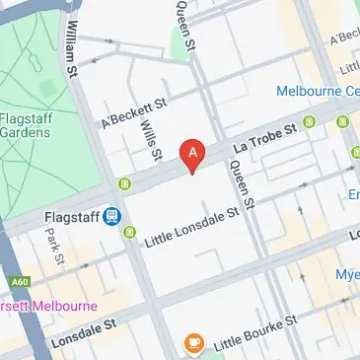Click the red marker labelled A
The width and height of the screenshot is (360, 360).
[x=194, y=155]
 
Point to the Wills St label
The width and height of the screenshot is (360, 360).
[x=150, y=137]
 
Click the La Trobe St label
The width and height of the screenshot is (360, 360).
[x=264, y=139]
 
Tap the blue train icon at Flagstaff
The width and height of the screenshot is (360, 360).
[x=114, y=215]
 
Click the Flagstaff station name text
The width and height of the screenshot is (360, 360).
[x=75, y=215]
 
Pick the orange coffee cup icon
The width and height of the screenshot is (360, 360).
[x=194, y=343]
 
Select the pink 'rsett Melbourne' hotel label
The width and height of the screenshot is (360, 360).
[x=48, y=305]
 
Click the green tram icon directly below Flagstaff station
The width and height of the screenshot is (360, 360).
[x=130, y=233]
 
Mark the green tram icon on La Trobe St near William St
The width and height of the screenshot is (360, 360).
[x=124, y=183]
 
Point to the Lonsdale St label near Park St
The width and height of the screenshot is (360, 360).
[x=83, y=326]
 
